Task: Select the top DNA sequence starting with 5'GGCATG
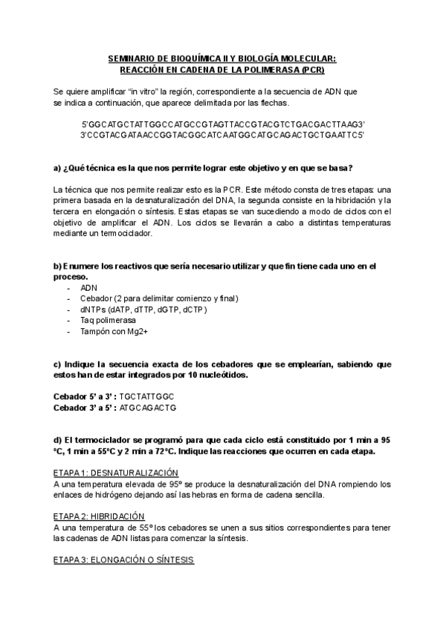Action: click(x=223, y=124)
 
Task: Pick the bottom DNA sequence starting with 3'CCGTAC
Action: click(x=223, y=135)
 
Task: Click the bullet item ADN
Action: click(x=88, y=287)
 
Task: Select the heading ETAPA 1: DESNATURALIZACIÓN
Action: click(x=117, y=473)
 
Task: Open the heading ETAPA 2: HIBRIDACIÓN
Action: click(x=99, y=516)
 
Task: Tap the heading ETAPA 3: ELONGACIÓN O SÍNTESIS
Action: click(x=123, y=560)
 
